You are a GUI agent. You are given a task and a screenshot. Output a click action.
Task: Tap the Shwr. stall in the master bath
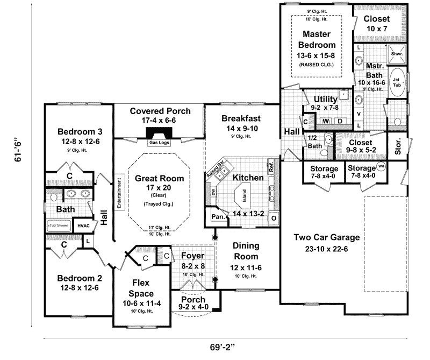click(x=397, y=54)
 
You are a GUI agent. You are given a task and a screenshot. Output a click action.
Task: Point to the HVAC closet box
click(x=83, y=226)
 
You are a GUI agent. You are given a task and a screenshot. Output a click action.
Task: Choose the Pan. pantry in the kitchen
click(x=218, y=217)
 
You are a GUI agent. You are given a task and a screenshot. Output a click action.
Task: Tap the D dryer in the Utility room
click(x=340, y=122)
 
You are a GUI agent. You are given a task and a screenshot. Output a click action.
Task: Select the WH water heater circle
click(x=381, y=166)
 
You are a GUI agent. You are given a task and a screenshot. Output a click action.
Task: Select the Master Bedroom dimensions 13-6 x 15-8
click(x=316, y=55)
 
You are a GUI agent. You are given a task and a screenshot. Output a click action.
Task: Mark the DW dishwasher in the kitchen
click(x=213, y=191)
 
